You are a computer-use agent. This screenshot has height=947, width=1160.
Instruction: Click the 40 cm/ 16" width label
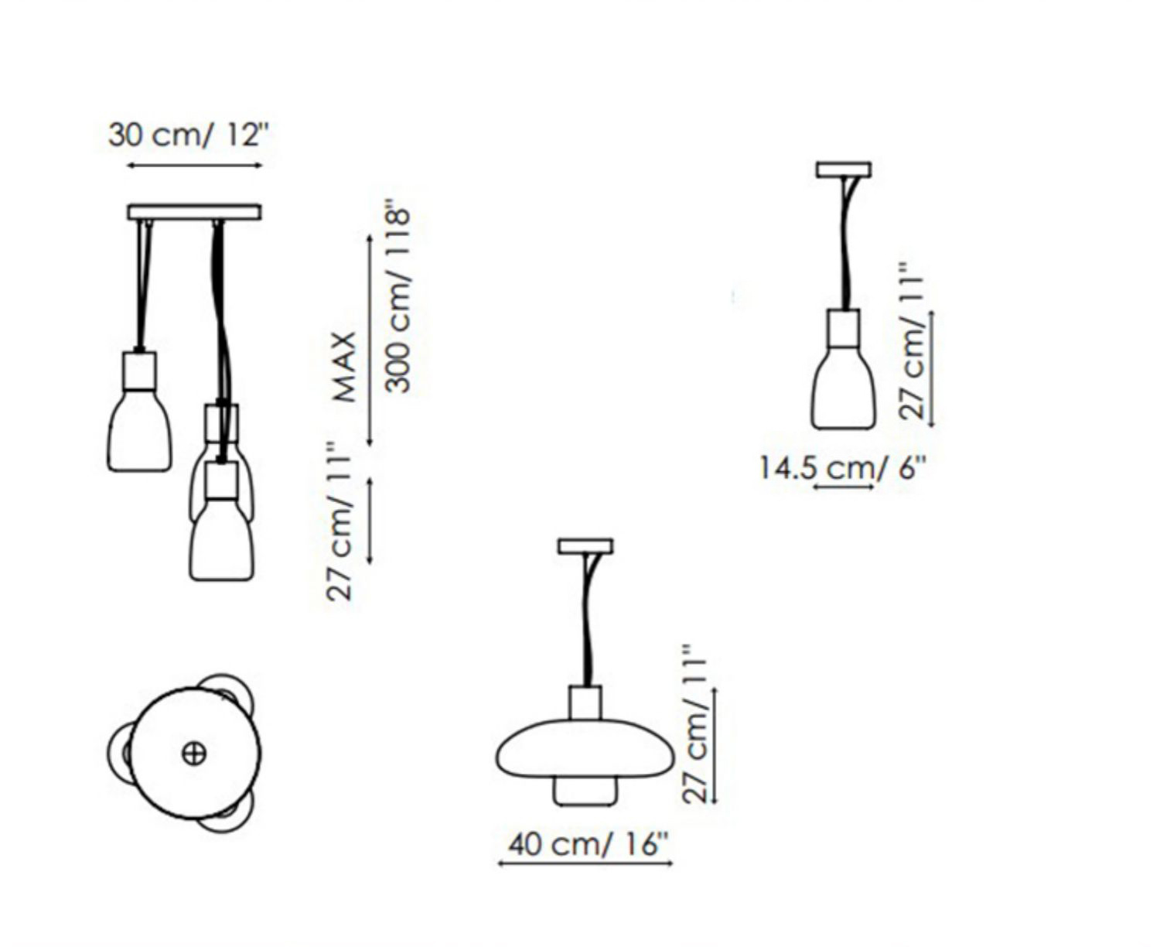tap(587, 843)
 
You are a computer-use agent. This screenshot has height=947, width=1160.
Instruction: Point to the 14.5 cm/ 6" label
tap(841, 468)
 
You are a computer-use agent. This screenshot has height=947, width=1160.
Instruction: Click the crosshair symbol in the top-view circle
tap(194, 753)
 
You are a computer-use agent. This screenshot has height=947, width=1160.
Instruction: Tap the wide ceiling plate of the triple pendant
tap(194, 212)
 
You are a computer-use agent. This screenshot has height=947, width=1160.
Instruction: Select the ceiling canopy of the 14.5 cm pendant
tap(844, 169)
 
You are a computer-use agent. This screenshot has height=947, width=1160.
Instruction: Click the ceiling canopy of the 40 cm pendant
tap(585, 546)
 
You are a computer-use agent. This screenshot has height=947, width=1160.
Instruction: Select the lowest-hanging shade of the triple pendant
tap(222, 542)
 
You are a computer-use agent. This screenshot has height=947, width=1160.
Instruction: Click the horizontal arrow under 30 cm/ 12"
tap(194, 165)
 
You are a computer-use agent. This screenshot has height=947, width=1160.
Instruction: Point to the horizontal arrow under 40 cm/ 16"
tap(585, 863)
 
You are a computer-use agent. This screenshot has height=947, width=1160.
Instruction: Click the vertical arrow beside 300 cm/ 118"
tap(370, 340)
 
